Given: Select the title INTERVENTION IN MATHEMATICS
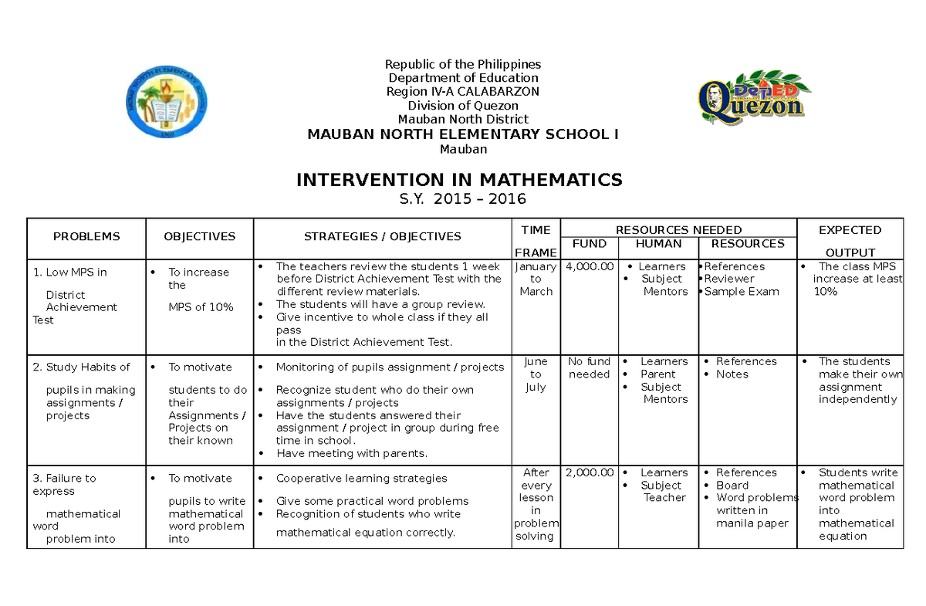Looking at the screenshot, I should point(459,180).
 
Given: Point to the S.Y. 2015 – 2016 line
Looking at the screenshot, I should point(463,199).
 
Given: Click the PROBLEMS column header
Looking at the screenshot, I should point(86,237).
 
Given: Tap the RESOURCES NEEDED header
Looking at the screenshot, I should point(678,229).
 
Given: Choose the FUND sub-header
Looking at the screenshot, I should point(590,244).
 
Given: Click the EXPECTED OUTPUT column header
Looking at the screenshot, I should point(850,240).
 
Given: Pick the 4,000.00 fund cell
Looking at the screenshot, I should point(590,266).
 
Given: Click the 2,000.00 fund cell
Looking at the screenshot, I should point(590,472).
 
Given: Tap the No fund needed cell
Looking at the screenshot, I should point(590,367).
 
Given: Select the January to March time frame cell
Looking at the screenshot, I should point(536,279).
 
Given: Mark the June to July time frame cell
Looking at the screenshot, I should point(536,374).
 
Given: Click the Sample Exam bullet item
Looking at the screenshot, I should point(741,292).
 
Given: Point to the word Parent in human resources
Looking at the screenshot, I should point(657,374).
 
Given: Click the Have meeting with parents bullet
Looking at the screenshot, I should point(351,454).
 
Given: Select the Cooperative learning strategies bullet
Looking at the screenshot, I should point(361,479).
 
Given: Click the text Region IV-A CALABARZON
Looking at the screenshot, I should point(463,92).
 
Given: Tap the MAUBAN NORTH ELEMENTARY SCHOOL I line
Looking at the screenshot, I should point(463,134).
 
